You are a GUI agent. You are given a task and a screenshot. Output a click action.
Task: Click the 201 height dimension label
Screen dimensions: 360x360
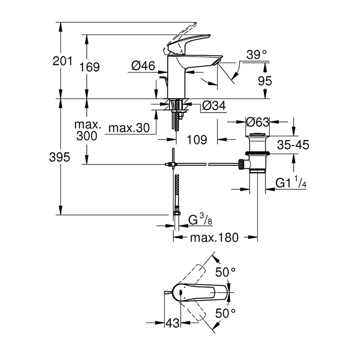pos(62,61)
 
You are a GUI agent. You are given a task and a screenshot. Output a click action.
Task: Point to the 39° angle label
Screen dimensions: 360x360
pos(256,54)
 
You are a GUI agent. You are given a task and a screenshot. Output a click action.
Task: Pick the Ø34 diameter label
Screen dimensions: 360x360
pos(214,106)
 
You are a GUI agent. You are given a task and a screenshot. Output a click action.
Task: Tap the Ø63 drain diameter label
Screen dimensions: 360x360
pos(258,122)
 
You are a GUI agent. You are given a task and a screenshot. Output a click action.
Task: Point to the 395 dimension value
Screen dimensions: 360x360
pos(59,158)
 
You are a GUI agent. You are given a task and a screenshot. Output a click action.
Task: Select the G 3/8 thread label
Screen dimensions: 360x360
pos(199,221)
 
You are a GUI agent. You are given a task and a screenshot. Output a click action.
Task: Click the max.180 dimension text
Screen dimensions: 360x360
pos(214,238)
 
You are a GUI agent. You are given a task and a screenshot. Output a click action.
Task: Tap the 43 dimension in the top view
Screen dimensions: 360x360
pos(172,324)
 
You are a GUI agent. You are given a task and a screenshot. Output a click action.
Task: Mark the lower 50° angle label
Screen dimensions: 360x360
pos(226,314)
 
